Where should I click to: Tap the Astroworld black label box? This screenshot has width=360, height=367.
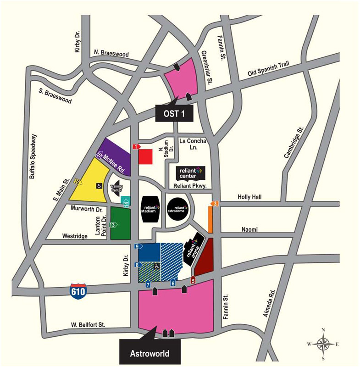(x=150, y=353)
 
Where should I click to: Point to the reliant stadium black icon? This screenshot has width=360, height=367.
(x=150, y=210)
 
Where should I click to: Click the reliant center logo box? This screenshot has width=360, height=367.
(x=189, y=173)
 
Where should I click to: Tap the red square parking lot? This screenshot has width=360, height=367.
(x=145, y=156)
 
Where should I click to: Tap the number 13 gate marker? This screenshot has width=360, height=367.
(x=113, y=225)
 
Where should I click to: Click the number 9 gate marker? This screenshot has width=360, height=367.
(x=137, y=247)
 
